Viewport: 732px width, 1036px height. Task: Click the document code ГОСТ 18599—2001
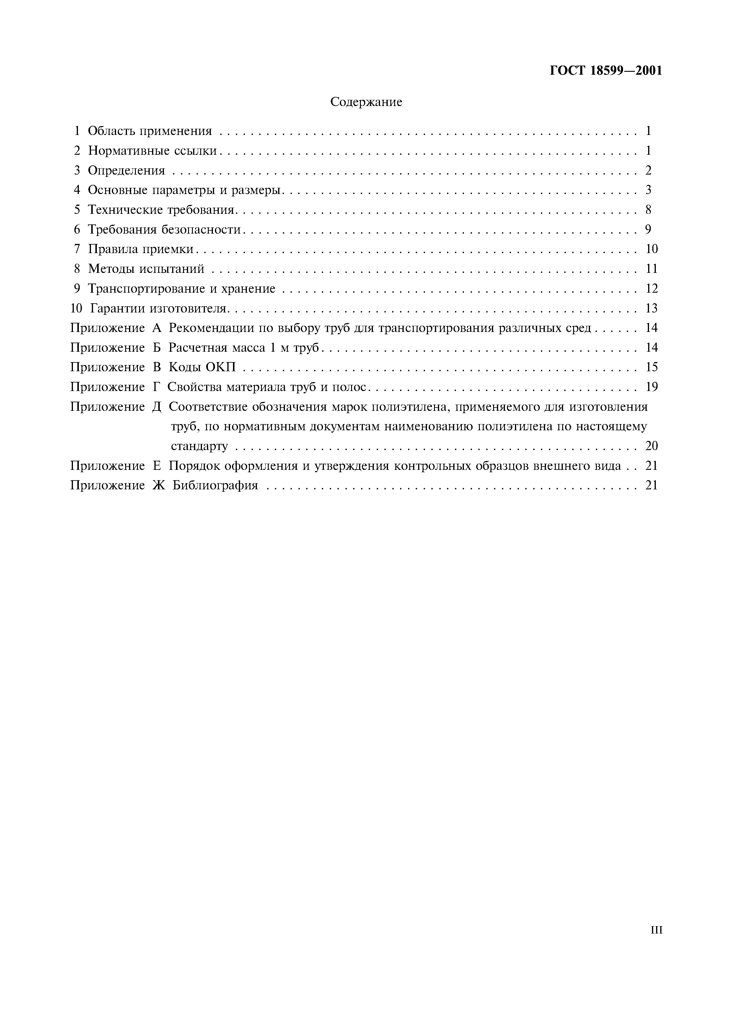606,71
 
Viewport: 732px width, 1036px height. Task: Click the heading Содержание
366,102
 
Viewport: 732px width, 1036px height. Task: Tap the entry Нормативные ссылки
152,151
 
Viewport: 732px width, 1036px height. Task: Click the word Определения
126,171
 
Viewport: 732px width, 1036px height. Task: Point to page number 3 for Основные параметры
648,190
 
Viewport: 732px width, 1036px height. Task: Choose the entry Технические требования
162,210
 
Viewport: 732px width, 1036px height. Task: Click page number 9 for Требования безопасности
648,230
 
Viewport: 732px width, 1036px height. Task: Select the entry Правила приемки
141,249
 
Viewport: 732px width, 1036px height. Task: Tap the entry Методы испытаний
146,269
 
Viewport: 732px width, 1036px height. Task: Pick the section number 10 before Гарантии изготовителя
77,308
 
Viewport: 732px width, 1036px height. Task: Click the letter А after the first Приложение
156,328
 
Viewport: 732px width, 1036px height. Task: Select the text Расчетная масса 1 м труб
244,348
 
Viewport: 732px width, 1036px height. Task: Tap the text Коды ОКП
202,367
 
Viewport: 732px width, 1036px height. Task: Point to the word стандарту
199,446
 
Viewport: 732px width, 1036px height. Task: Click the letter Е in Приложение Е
156,466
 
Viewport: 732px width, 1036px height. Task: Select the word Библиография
215,486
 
